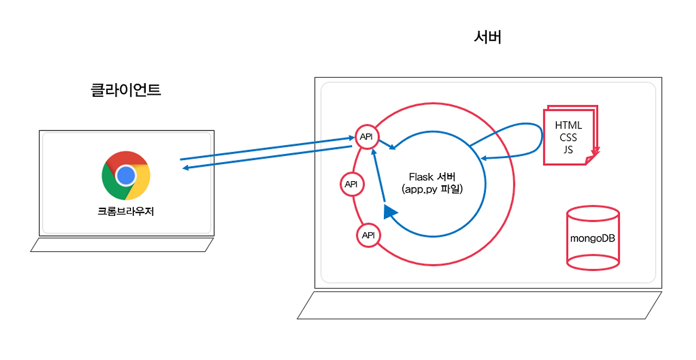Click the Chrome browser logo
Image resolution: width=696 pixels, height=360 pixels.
tap(126, 175)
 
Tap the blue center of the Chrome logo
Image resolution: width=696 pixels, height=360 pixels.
tap(126, 175)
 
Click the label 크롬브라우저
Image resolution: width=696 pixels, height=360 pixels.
tap(126, 212)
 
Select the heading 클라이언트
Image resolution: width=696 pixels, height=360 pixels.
tap(126, 90)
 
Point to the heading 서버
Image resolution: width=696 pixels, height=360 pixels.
tap(487, 38)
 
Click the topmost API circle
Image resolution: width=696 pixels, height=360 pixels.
tap(366, 137)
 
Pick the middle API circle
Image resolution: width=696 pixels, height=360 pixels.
tap(351, 184)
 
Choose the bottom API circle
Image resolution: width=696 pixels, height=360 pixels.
tap(368, 235)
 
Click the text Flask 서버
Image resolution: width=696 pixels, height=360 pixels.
tap(432, 177)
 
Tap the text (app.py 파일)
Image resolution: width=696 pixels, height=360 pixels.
tap(432, 190)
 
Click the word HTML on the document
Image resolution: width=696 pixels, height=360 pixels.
tap(568, 126)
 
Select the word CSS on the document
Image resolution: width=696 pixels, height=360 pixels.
tap(568, 138)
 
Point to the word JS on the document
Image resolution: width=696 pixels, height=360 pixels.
tap(568, 150)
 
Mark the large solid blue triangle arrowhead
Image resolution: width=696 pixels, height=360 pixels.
tap(390, 212)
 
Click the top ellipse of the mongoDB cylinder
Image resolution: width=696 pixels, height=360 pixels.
tap(593, 214)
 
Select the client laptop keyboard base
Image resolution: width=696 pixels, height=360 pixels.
tap(122, 245)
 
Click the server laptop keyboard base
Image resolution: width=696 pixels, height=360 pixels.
tap(480, 305)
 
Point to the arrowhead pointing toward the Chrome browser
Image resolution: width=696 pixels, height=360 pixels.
tap(185, 168)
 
